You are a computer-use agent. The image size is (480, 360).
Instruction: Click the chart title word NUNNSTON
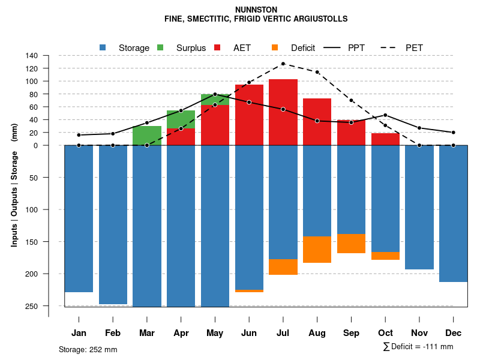point(256,10)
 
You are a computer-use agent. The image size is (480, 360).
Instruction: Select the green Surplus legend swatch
point(160,47)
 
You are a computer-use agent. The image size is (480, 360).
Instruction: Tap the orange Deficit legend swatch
point(275,47)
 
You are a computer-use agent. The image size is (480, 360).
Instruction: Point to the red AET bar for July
point(283,112)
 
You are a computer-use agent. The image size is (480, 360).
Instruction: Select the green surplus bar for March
point(147,136)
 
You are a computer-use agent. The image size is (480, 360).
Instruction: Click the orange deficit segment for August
point(317,249)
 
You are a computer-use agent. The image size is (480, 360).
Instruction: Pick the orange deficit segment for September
point(352,243)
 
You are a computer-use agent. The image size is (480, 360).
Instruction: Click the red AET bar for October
point(386,139)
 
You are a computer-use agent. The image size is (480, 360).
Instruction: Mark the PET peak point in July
point(283,64)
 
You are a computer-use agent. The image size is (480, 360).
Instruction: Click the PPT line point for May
point(215,94)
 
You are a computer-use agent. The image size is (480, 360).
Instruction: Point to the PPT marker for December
point(454,132)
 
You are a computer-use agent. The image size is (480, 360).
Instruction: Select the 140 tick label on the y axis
point(32,56)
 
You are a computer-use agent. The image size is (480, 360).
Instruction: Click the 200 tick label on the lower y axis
point(32,274)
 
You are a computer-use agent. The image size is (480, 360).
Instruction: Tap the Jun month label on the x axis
point(249,333)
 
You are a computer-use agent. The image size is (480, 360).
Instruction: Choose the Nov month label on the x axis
point(419,333)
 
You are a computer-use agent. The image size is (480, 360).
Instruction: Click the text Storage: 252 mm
point(88,349)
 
